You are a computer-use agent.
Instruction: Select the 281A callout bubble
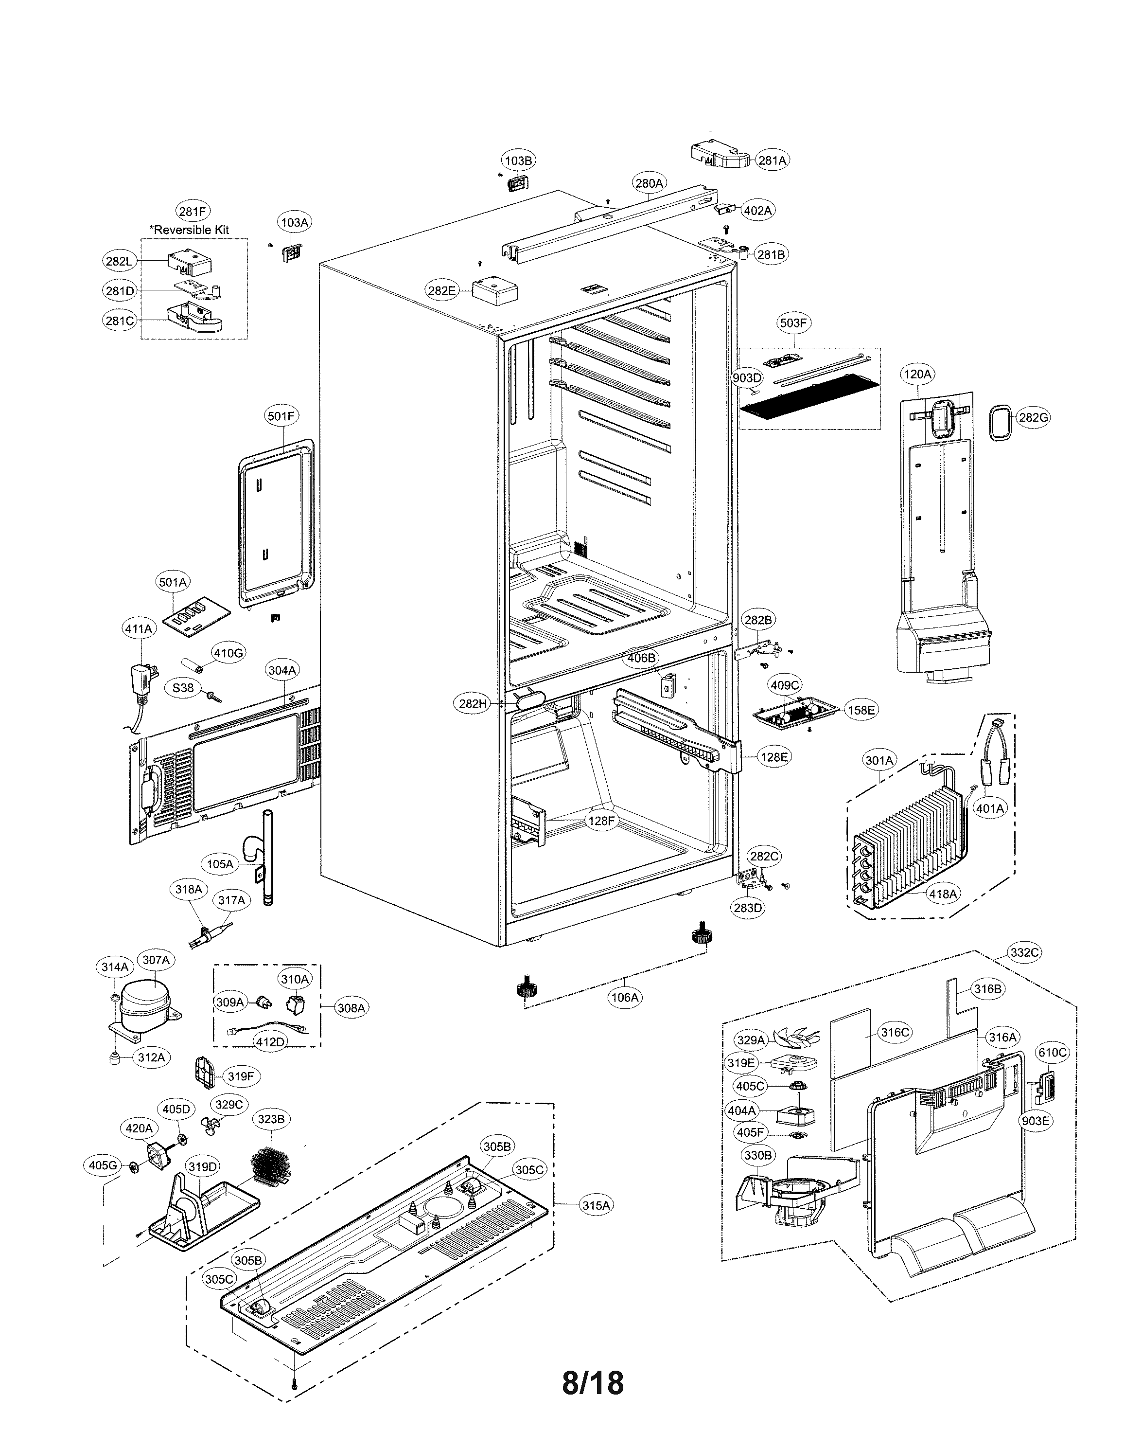[x=772, y=161]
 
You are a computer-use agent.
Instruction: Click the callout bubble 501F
[x=281, y=416]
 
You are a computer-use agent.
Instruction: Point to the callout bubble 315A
[x=596, y=1205]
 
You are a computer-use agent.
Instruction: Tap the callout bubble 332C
[x=1024, y=952]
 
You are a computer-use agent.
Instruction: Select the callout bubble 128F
[x=600, y=821]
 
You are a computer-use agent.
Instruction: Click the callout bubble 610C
[x=1053, y=1053]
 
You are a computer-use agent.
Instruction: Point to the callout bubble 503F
[x=793, y=323]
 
